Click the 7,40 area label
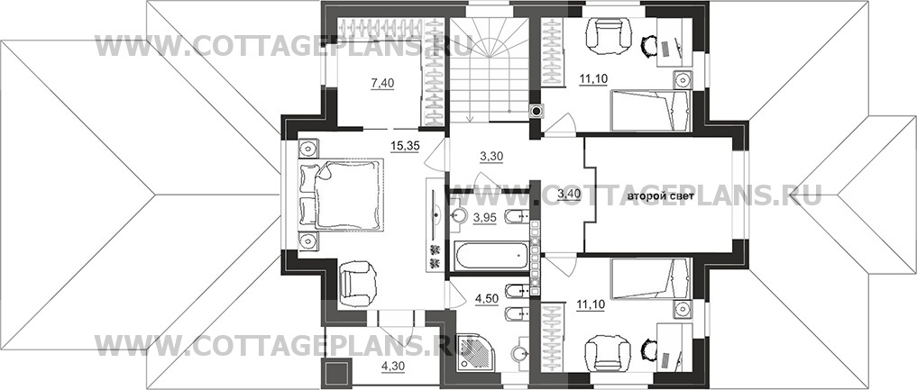[x=383, y=83]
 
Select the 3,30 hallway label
[x=491, y=156]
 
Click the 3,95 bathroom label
[x=485, y=218]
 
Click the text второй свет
[x=661, y=196]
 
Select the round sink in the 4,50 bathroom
[x=519, y=354]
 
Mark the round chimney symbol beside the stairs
[x=536, y=111]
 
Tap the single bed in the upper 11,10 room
[x=651, y=111]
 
